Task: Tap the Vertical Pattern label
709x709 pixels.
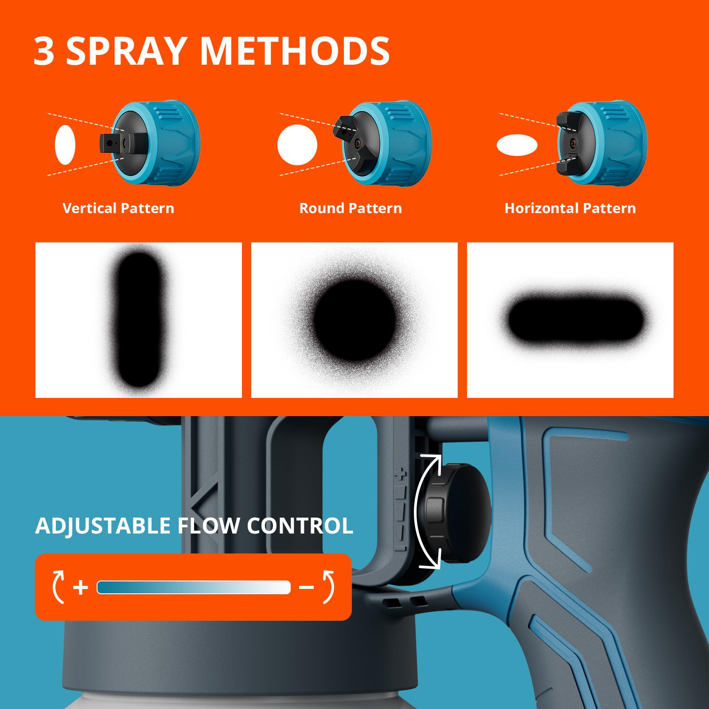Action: coord(118,208)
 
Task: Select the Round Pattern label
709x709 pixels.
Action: coord(351,208)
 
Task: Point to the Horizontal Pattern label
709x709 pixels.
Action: coord(570,208)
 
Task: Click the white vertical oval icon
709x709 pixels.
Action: coord(65,145)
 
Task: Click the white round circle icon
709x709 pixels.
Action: coord(297,145)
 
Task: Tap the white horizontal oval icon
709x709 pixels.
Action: coord(517,145)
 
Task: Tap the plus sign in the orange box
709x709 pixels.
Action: coord(81,588)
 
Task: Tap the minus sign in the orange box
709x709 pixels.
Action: coord(306,588)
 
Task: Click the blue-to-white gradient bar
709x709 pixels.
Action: coord(194,588)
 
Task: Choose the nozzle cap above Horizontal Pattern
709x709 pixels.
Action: coord(603,143)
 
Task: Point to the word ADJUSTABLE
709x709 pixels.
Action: coord(103,526)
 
